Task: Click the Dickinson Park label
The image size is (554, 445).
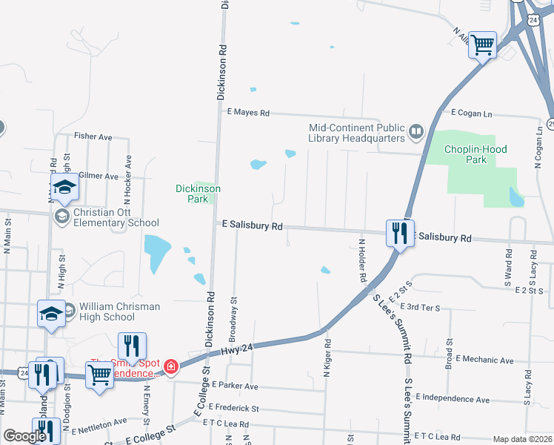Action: (x=198, y=194)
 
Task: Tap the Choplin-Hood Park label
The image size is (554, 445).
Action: (x=475, y=154)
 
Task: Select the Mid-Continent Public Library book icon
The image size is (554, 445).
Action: (x=415, y=133)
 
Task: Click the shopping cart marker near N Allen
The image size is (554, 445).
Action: (x=482, y=46)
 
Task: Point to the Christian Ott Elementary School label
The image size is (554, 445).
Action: (x=116, y=217)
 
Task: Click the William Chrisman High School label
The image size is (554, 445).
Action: (x=107, y=311)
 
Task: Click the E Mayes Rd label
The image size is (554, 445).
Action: (x=248, y=113)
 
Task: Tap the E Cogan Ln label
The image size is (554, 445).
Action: (x=472, y=113)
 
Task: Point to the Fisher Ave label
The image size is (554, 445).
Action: (x=93, y=136)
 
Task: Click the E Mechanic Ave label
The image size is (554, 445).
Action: (x=484, y=360)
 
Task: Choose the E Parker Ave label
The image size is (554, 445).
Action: (x=234, y=386)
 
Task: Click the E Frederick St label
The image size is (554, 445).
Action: (x=233, y=408)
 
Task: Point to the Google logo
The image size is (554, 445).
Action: (x=24, y=436)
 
